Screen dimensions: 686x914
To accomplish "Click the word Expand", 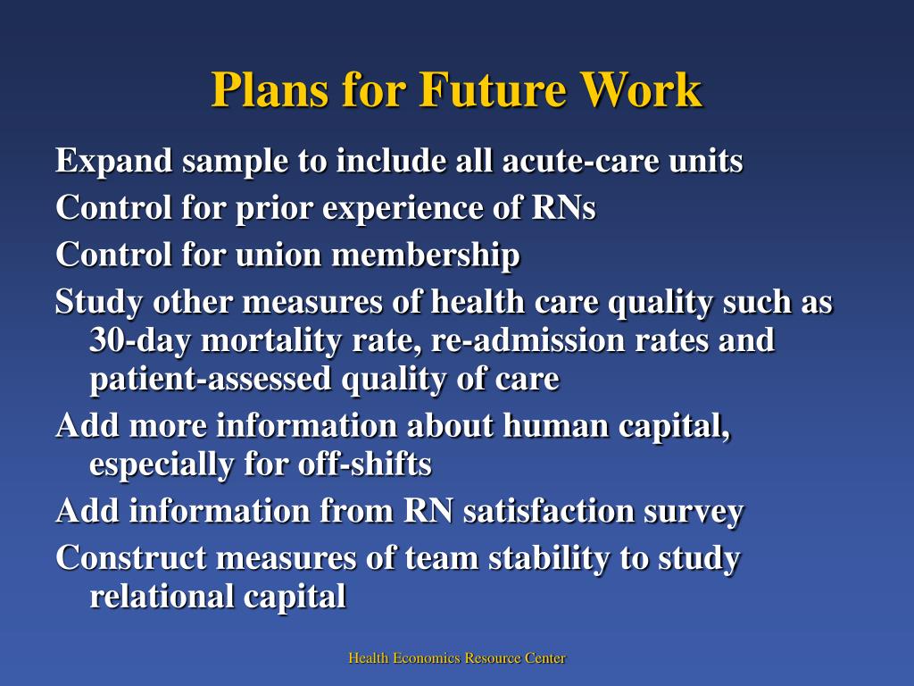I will (113, 162).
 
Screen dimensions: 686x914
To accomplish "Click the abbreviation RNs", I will (564, 208).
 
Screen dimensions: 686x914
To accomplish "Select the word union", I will (280, 255).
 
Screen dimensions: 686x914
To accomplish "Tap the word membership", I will (427, 256).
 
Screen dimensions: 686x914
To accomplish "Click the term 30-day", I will (141, 341).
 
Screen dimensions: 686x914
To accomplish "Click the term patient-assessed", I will (212, 380).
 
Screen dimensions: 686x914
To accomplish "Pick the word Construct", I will (131, 558).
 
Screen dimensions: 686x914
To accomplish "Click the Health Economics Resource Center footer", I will (457, 658).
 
